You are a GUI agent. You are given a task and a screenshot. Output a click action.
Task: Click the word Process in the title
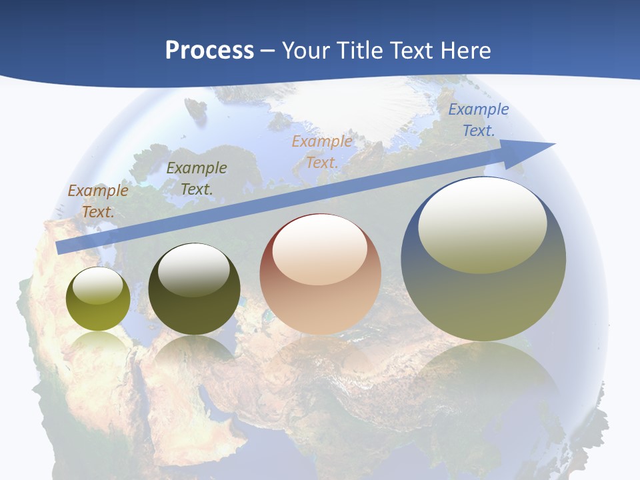click(x=209, y=51)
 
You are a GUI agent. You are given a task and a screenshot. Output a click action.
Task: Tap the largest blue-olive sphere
click(x=483, y=300)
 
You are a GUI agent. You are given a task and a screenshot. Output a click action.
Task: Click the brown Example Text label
click(x=98, y=201)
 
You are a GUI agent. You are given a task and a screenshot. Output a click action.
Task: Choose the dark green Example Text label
click(x=197, y=179)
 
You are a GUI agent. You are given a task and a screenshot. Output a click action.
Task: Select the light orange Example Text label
click(x=322, y=151)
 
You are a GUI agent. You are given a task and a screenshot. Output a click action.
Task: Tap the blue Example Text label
click(x=479, y=120)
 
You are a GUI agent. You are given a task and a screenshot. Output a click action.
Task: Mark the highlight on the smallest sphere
click(x=98, y=285)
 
